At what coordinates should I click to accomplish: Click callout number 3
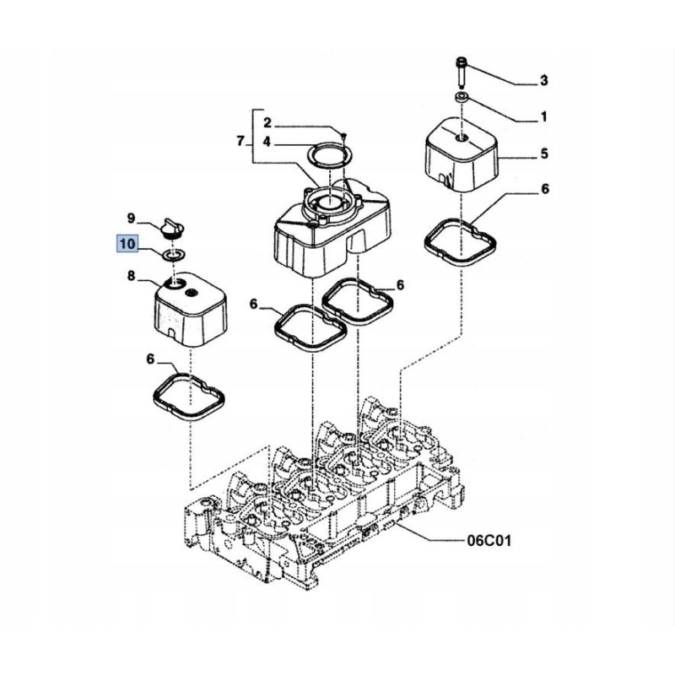click(544, 81)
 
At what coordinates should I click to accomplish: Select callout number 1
click(544, 116)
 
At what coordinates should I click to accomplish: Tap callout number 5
click(544, 154)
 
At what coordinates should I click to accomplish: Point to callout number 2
click(267, 123)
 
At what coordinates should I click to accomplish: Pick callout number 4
click(267, 143)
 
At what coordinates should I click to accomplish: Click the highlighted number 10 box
click(127, 245)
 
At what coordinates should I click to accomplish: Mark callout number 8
click(132, 275)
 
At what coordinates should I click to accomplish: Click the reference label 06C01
click(489, 537)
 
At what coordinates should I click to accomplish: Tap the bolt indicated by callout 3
click(462, 69)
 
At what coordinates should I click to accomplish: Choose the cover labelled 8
click(190, 312)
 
